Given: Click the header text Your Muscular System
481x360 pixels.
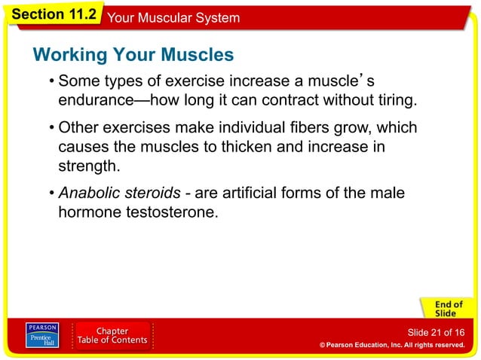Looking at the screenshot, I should click(174, 17).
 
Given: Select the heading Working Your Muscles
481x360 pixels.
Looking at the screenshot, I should click(133, 55).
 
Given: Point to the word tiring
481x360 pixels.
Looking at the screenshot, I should click(390, 100).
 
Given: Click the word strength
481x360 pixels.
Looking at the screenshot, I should click(89, 165).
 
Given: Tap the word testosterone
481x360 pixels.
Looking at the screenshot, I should click(169, 212).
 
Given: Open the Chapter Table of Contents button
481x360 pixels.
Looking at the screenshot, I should click(112, 337).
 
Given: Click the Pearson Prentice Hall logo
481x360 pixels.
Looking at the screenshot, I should click(41, 337).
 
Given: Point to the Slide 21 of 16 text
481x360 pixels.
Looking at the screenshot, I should click(435, 332).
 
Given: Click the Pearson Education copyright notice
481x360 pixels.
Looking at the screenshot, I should click(391, 345).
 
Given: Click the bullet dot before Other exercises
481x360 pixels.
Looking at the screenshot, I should click(51, 128).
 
